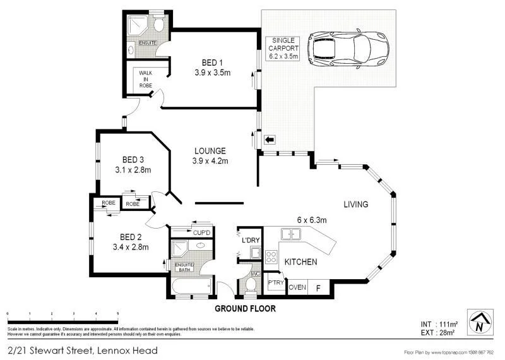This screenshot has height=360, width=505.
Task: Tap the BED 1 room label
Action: (212, 62)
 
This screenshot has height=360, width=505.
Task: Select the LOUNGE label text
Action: (210, 151)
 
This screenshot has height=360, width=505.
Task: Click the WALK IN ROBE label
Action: (145, 82)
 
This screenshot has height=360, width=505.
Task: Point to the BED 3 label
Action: (133, 159)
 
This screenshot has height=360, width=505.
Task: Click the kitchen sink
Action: (291, 235)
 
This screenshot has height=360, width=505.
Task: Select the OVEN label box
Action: (297, 287)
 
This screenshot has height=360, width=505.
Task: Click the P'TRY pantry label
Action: (275, 283)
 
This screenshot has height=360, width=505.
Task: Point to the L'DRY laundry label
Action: (251, 241)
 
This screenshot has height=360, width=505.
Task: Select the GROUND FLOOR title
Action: (246, 308)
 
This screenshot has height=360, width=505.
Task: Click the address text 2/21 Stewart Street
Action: (82, 350)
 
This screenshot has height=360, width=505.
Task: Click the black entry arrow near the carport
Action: (270, 140)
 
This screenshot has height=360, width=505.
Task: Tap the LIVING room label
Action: (356, 204)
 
